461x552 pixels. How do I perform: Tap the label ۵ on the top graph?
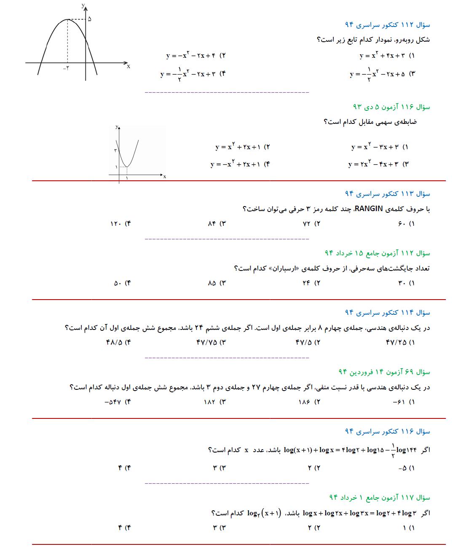pyautogui.click(x=89, y=19)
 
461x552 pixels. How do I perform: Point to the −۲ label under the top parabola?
pyautogui.click(x=66, y=68)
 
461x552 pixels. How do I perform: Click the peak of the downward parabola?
pyautogui.click(x=68, y=19)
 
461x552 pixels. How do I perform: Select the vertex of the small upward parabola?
pyautogui.click(x=127, y=167)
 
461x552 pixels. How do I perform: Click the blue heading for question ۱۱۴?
pyautogui.click(x=387, y=312)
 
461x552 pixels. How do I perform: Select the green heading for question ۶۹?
pyautogui.click(x=384, y=372)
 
